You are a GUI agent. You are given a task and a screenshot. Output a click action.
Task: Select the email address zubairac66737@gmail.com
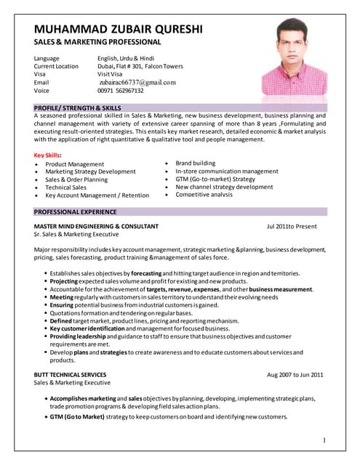coord(137,83)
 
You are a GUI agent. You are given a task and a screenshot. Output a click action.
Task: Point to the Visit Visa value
coord(113,74)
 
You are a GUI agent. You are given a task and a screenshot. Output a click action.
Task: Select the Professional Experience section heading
coord(75,211)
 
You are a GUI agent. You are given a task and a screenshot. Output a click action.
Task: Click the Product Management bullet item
coord(75,164)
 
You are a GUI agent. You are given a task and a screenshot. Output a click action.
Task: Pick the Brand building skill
coord(195,163)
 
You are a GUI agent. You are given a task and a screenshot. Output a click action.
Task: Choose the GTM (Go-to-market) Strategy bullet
coord(215,179)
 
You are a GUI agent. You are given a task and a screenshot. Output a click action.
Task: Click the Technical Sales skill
coord(66,187)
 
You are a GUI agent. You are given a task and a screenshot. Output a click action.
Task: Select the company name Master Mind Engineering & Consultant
coord(91,227)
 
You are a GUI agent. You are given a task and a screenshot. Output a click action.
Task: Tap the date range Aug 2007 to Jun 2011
coord(295,374)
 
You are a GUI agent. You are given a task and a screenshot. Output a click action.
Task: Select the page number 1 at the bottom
coord(324,440)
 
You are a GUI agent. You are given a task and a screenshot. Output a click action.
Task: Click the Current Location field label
coord(57,66)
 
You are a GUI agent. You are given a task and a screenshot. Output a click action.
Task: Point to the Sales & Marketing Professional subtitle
coord(97,43)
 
